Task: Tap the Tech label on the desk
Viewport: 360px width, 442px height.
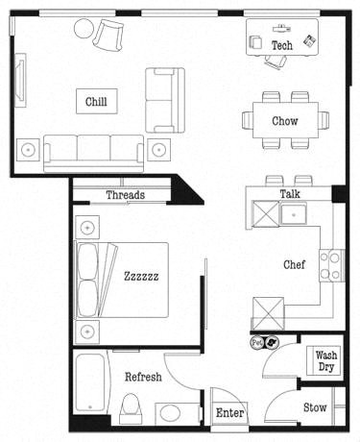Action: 281,45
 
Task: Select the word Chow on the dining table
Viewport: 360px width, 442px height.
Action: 284,121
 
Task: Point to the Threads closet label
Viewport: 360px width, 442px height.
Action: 125,196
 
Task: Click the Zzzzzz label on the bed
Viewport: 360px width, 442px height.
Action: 141,276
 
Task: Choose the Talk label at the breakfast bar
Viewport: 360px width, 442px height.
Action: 290,194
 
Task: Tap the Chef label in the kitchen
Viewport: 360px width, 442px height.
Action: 294,265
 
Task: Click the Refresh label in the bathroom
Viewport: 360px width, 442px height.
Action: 142,378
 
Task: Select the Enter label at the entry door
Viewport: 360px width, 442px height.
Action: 229,413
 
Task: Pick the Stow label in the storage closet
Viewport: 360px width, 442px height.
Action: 315,408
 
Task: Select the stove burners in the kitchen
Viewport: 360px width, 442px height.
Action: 331,264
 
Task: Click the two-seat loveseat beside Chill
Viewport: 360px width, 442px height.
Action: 163,99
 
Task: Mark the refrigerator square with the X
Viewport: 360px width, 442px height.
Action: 266,313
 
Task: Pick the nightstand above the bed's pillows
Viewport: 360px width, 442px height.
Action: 88,228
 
